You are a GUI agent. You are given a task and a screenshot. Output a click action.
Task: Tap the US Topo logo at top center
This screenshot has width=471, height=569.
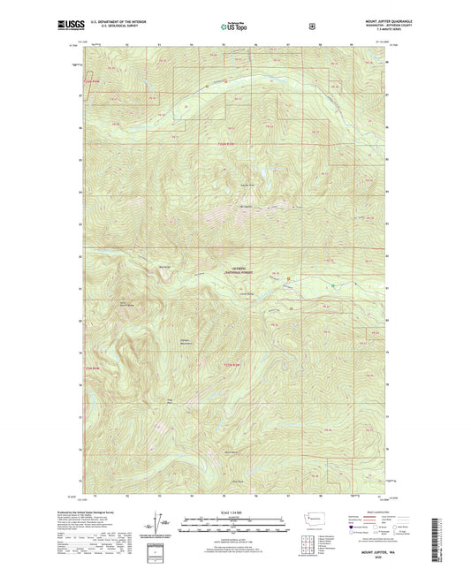click(234, 27)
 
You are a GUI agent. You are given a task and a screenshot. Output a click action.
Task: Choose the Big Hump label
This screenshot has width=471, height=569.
click(163, 266)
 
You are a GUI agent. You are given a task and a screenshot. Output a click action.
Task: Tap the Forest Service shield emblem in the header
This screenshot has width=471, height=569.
click(310, 27)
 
